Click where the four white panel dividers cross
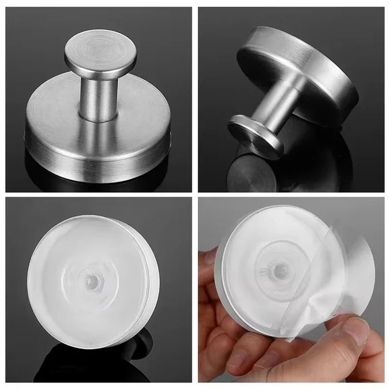click(x=194, y=194)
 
